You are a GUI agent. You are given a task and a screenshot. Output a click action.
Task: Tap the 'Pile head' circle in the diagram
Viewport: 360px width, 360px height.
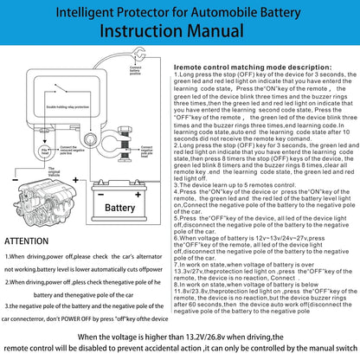pos(44,152)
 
